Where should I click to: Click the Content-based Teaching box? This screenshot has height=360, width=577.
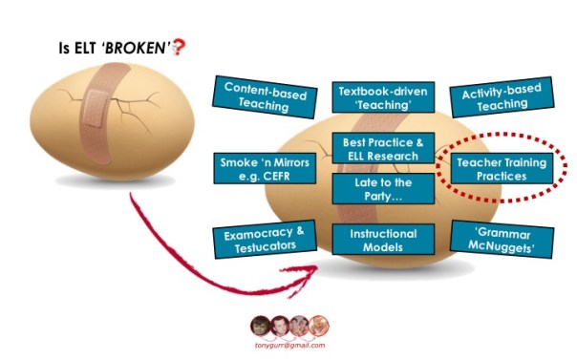pyautogui.click(x=265, y=97)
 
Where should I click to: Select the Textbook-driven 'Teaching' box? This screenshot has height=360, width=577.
pyautogui.click(x=383, y=97)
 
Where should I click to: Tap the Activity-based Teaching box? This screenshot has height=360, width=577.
pyautogui.click(x=502, y=97)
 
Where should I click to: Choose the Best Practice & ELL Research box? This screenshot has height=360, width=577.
pyautogui.click(x=383, y=148)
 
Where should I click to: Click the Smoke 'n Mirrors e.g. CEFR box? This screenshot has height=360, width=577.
pyautogui.click(x=265, y=168)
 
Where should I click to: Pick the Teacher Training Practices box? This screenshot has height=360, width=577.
pyautogui.click(x=502, y=168)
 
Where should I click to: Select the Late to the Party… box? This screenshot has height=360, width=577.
pyautogui.click(x=383, y=189)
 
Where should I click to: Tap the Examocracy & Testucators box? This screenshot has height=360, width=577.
pyautogui.click(x=265, y=240)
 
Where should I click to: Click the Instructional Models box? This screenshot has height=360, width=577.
pyautogui.click(x=383, y=240)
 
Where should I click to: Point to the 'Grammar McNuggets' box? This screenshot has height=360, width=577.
pyautogui.click(x=502, y=240)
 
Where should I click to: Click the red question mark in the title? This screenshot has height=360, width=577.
pyautogui.click(x=180, y=47)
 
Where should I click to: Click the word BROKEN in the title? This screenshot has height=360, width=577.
pyautogui.click(x=135, y=48)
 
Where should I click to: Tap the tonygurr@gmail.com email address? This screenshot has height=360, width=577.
pyautogui.click(x=290, y=346)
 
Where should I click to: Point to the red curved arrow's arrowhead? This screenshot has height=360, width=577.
pyautogui.click(x=304, y=278)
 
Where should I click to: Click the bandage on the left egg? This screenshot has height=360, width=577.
pyautogui.click(x=103, y=113)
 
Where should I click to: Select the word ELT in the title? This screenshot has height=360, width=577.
pyautogui.click(x=85, y=48)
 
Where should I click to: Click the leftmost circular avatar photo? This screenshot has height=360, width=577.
pyautogui.click(x=260, y=326)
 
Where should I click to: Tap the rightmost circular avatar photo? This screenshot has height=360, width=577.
pyautogui.click(x=318, y=326)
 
